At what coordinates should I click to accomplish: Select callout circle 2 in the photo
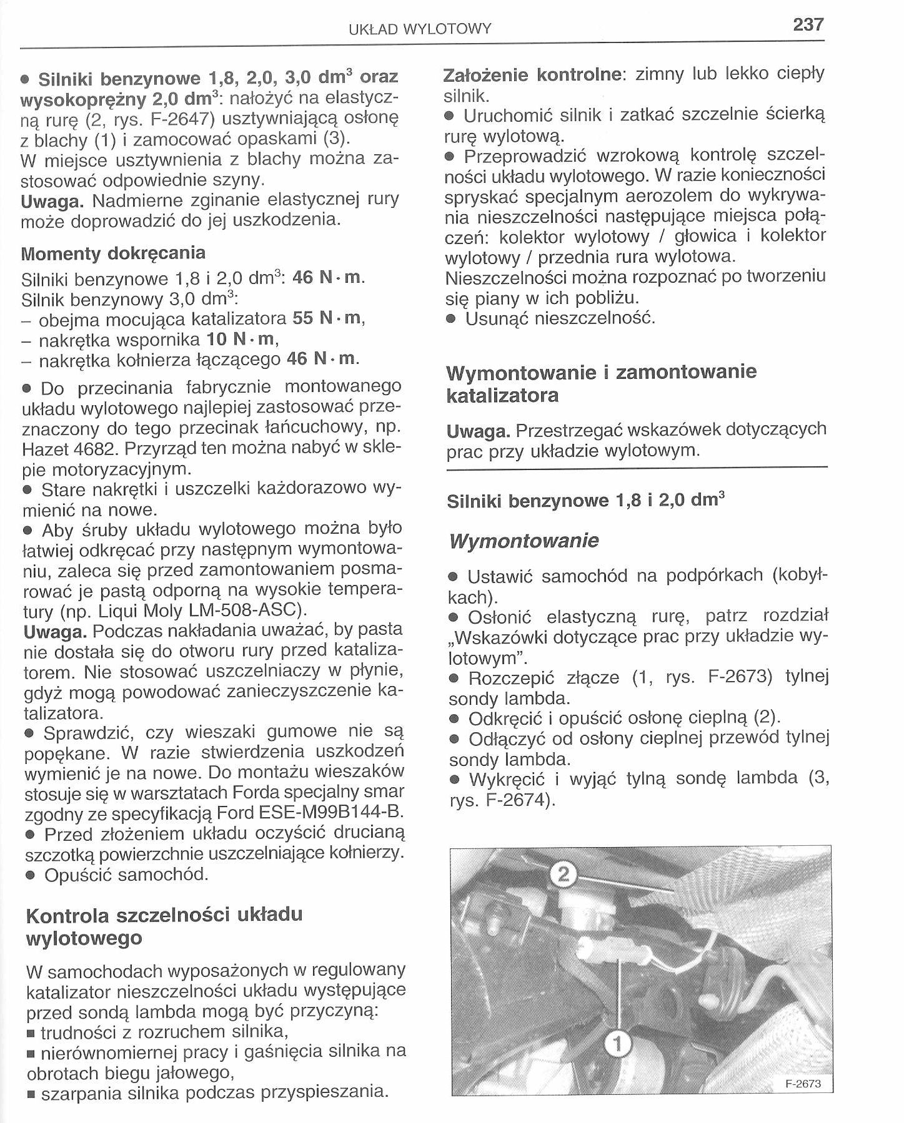pos(564,876)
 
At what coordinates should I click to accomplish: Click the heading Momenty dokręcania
pos(113,253)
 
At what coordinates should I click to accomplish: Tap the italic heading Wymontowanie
pos(524,541)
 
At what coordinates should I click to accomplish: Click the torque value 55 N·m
pos(329,318)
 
